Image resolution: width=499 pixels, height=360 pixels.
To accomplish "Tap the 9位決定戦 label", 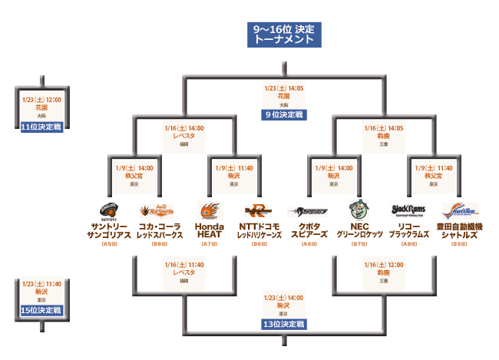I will [x=283, y=114].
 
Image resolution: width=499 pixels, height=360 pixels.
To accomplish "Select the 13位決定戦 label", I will [x=283, y=324].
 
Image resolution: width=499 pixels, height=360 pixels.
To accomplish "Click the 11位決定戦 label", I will [x=41, y=127].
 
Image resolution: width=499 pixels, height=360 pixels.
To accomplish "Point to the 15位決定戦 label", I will [x=41, y=310].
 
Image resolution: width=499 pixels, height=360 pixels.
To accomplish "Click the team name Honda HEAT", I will [x=210, y=230].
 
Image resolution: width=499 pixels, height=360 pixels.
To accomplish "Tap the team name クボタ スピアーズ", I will [x=309, y=230].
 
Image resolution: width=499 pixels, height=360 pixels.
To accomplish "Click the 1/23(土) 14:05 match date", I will [x=283, y=88].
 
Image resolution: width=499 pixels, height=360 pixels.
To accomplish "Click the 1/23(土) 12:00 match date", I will [x=41, y=100].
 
